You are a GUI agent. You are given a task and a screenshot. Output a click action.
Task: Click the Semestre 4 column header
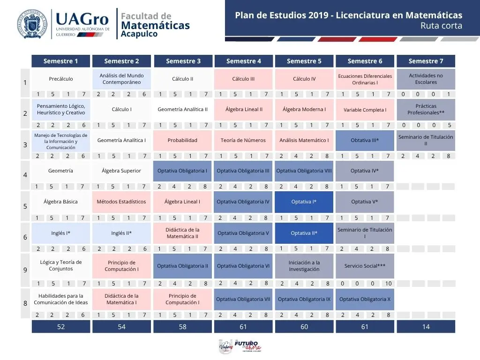click(243, 61)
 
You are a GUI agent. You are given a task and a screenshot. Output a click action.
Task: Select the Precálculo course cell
click(61, 79)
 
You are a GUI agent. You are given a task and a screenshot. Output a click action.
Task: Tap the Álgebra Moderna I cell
click(304, 109)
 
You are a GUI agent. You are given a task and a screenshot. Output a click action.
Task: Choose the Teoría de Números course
click(243, 140)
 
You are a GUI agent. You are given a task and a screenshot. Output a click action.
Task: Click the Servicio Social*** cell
click(365, 266)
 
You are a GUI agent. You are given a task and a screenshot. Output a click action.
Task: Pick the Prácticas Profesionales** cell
click(426, 109)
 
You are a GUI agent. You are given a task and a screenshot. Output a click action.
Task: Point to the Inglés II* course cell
click(121, 233)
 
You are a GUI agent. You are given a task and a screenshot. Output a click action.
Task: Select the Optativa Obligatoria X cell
click(365, 299)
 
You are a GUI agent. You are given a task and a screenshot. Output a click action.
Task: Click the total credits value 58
click(182, 327)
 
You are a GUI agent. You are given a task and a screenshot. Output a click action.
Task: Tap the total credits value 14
click(426, 327)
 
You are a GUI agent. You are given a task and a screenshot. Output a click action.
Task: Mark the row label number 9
click(25, 270)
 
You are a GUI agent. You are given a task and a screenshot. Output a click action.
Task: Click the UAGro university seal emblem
click(33, 23)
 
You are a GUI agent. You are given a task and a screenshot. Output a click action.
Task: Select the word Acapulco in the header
click(139, 34)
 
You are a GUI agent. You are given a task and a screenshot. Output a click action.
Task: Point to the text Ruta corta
click(441, 26)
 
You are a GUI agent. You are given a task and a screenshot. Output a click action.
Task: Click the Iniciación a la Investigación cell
click(304, 266)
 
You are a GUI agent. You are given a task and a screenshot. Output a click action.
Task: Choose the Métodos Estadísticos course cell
click(121, 202)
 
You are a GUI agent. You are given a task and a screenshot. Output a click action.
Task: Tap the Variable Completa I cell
click(365, 110)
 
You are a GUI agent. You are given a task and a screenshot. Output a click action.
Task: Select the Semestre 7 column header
click(426, 61)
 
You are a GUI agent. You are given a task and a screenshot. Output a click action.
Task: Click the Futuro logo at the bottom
click(247, 346)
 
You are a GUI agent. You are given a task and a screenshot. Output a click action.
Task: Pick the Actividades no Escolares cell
click(426, 79)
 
